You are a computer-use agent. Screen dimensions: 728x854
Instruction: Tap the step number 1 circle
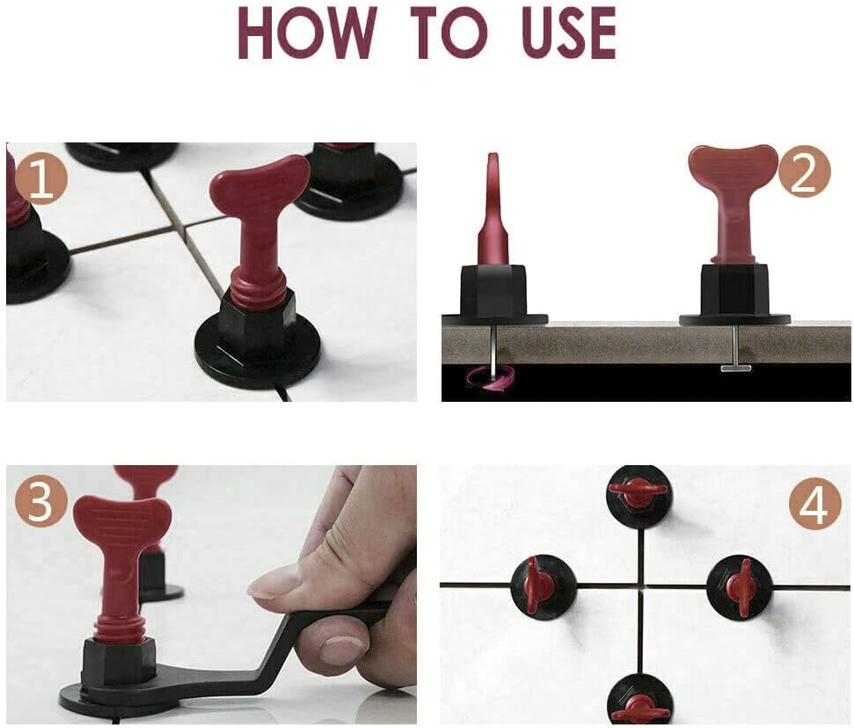[x=40, y=179]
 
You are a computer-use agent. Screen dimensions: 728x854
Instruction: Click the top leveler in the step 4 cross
[x=639, y=495]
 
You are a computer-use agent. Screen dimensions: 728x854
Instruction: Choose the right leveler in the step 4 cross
[x=739, y=586]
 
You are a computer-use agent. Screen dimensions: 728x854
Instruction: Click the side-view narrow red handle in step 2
[x=493, y=211]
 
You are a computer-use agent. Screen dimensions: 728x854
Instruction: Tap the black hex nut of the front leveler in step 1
[x=257, y=320]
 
